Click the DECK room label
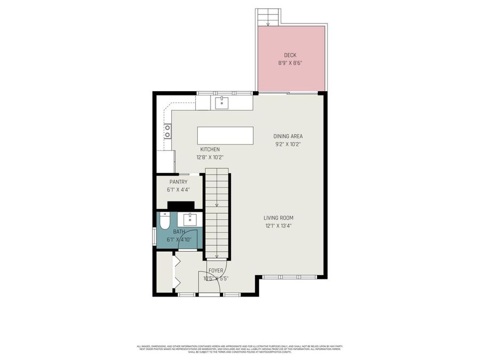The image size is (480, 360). pyautogui.click(x=290, y=55)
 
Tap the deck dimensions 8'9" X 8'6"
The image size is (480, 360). pyautogui.click(x=290, y=62)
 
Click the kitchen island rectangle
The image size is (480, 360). pyautogui.click(x=225, y=135)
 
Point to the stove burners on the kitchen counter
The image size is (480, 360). pyautogui.click(x=167, y=131)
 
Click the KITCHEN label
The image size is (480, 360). pyautogui.click(x=210, y=149)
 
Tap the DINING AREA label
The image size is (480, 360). pyautogui.click(x=288, y=136)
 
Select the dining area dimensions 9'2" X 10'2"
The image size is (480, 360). pyautogui.click(x=288, y=143)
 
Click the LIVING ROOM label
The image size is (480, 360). pyautogui.click(x=278, y=218)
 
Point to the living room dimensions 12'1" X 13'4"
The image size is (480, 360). pyautogui.click(x=278, y=226)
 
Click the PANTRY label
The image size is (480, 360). pyautogui.click(x=178, y=182)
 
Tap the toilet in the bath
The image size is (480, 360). pyautogui.click(x=165, y=220)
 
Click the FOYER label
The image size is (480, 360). pyautogui.click(x=215, y=271)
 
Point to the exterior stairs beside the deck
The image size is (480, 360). pyautogui.click(x=267, y=17)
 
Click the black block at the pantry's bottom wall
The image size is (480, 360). pyautogui.click(x=181, y=205)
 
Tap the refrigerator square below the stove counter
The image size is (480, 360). pyautogui.click(x=165, y=161)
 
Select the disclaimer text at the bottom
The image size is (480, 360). pyautogui.click(x=239, y=348)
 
